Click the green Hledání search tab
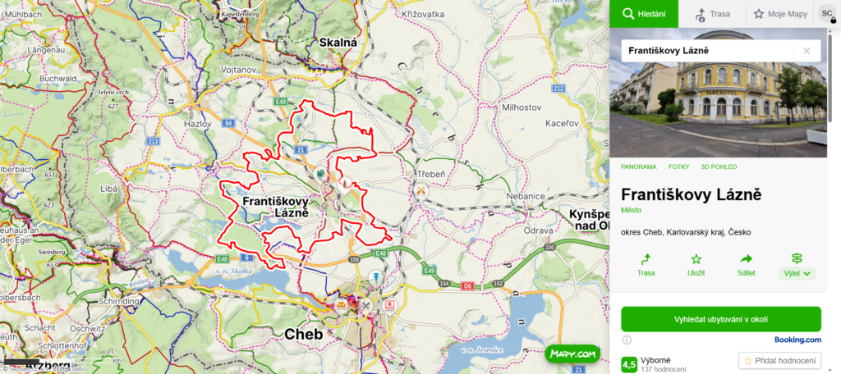[643, 14]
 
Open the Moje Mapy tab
[779, 14]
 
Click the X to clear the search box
[807, 51]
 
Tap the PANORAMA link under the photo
[638, 166]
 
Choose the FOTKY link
[678, 166]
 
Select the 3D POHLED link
[720, 166]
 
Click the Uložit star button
[696, 265]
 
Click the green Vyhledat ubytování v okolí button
[720, 319]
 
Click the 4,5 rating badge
[629, 363]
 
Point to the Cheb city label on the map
[305, 335]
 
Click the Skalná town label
[338, 43]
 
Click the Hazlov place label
[198, 123]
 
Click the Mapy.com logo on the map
[570, 354]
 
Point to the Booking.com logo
[797, 339]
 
